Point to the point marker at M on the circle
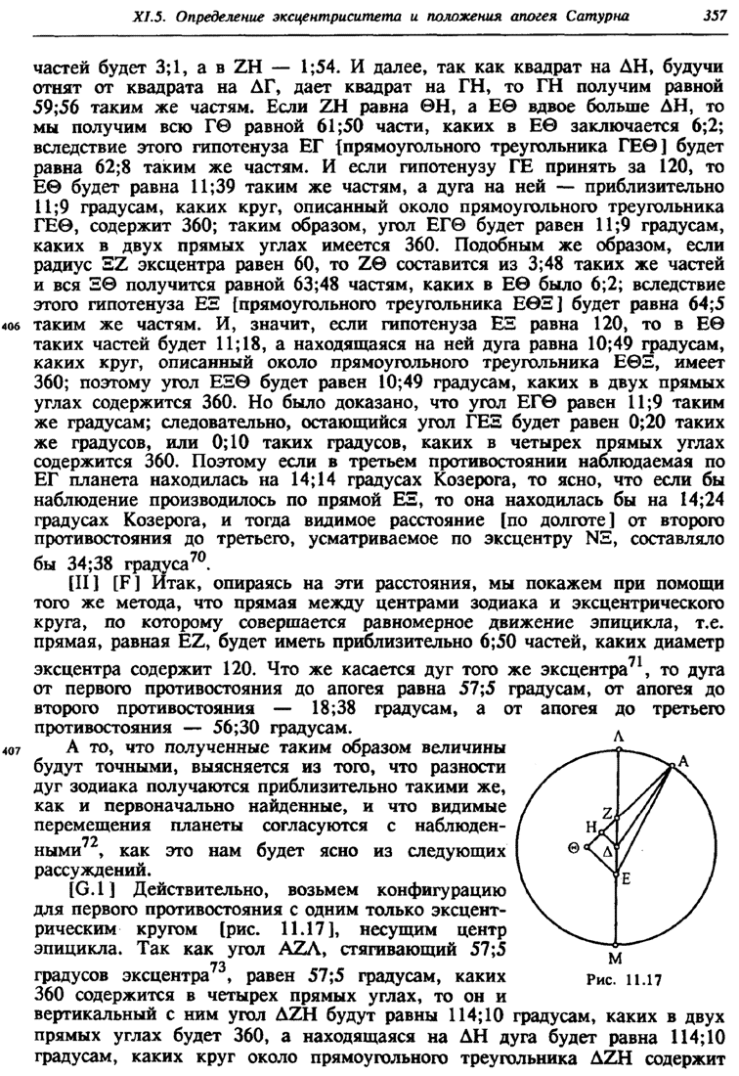coord(617,941)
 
